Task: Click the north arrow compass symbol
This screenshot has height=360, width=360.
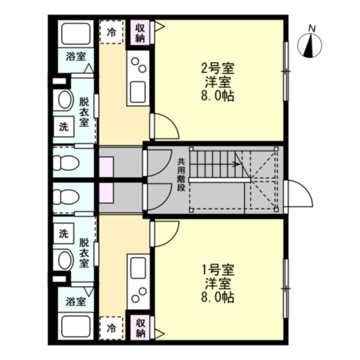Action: pos(310,46)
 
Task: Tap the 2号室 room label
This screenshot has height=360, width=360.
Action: pos(218,69)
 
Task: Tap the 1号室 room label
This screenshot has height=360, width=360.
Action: pos(218,270)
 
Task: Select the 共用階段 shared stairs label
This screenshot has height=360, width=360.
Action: pos(181,175)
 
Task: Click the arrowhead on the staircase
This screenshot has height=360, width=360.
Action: pos(236,164)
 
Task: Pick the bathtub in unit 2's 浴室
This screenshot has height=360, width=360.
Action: pos(76,34)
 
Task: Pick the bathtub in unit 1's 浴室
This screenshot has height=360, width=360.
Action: pos(76,326)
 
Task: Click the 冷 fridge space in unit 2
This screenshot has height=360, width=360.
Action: pos(111,32)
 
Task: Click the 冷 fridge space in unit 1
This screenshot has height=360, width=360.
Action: pos(111,328)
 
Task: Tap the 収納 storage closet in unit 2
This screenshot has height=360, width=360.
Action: pos(140,32)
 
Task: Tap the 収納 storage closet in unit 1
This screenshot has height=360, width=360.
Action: pos(140,328)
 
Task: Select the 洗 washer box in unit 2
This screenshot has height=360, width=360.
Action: pos(64,127)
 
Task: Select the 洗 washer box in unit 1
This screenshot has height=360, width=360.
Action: pos(64,233)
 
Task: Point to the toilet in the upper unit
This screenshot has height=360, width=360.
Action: pos(66,162)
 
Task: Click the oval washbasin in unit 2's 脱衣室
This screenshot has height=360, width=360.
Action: pos(66,99)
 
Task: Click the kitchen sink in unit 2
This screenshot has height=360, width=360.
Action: pos(138,92)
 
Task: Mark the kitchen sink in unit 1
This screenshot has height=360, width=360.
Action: pos(138,268)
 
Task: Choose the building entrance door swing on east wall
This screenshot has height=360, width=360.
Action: pos(300,194)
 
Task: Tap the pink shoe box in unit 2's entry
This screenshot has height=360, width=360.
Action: pos(106,167)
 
